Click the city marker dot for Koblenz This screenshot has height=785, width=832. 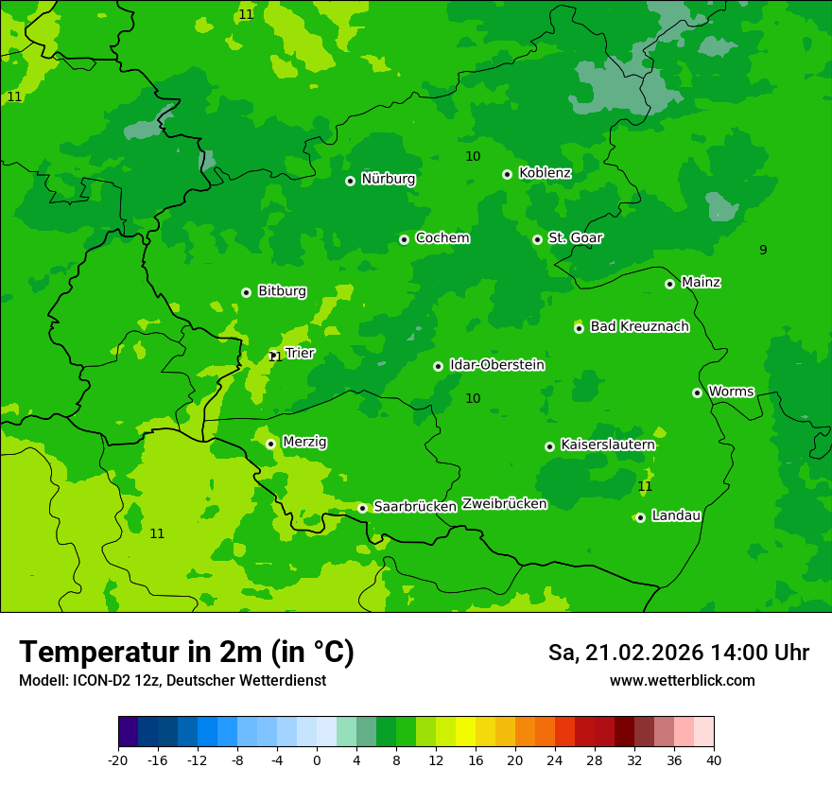[508, 174]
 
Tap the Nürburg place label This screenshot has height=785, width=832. [388, 179]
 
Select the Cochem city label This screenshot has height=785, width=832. [442, 237]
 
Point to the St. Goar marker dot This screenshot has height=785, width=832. [538, 239]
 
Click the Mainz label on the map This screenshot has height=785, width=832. [701, 282]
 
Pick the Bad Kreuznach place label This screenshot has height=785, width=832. [639, 326]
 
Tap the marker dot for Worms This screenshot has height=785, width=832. [698, 392]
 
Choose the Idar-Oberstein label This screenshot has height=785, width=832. [496, 364]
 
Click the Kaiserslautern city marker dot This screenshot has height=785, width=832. [550, 446]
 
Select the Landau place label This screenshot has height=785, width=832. [676, 515]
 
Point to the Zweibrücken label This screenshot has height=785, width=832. [504, 504]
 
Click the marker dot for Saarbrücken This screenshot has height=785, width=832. [362, 508]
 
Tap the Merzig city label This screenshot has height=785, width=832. [304, 442]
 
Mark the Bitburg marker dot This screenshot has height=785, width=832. [247, 292]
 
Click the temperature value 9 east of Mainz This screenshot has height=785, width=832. [763, 250]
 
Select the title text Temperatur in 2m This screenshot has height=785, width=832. [186, 652]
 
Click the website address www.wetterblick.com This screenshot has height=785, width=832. [682, 680]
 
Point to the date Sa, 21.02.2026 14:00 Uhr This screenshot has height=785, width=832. [678, 653]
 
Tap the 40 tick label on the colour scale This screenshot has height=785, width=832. [714, 759]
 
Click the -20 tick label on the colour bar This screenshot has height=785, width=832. [118, 759]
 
